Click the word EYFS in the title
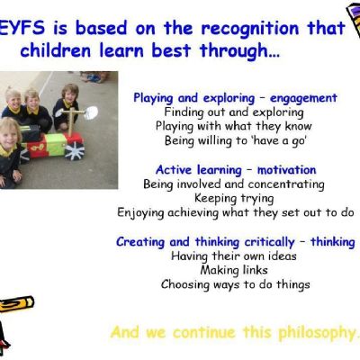click(22, 28)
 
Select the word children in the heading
click(56, 50)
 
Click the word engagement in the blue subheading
click(303, 99)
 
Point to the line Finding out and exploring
click(234, 112)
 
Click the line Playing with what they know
click(234, 127)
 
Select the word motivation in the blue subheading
click(287, 170)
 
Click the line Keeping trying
click(234, 199)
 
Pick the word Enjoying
click(140, 213)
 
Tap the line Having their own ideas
click(234, 256)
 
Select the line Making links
click(234, 270)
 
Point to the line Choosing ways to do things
click(236, 284)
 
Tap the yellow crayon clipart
click(16, 304)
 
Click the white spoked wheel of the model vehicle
click(75, 151)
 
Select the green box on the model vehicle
click(56, 144)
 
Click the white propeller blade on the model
click(91, 112)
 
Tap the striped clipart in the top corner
click(353, 21)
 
